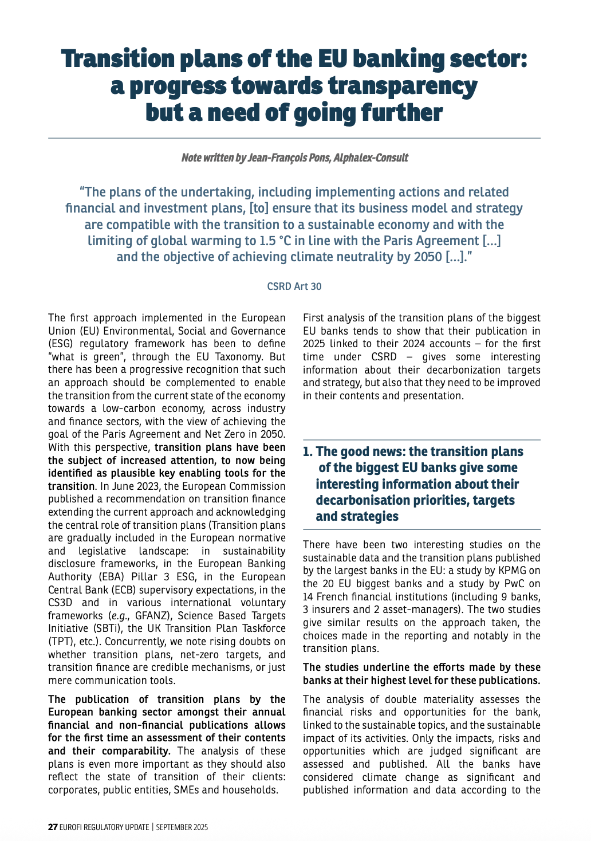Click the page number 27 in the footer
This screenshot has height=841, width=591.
[53, 827]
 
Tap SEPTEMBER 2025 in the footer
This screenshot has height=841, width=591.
[182, 827]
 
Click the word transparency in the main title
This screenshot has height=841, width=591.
[403, 86]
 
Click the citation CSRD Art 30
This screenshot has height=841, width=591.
[294, 286]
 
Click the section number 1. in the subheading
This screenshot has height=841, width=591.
[308, 451]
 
